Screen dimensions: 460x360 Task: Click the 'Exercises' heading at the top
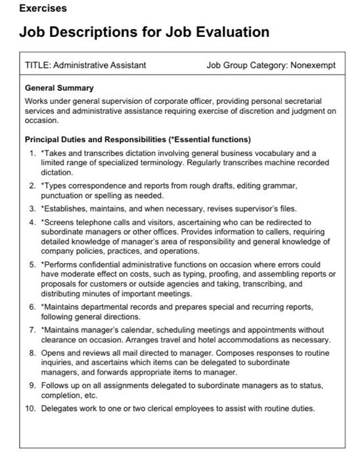coord(43,9)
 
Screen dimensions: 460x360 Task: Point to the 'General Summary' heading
coord(59,88)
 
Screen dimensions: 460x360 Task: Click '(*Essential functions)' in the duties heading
coord(210,139)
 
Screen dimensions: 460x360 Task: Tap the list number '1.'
coord(33,152)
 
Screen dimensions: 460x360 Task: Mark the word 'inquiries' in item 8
coord(56,363)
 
